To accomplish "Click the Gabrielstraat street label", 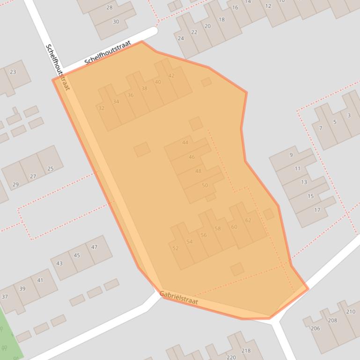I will tap(179, 298).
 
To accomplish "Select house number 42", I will tap(171, 76).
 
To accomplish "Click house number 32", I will tap(102, 108).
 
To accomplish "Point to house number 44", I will tap(185, 143).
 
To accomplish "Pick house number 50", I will tap(205, 186).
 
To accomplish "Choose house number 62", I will tap(248, 220).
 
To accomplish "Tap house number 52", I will tap(176, 248).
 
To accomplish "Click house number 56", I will tap(204, 235).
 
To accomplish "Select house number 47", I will tap(94, 247).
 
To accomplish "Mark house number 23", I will tap(13, 72).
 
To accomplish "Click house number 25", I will tap(51, 169).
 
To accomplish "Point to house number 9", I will tap(291, 155).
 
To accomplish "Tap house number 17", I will tap(317, 210).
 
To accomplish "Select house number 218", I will tap(246, 351).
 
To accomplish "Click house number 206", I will tap(316, 329).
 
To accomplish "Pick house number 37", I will tap(5, 297).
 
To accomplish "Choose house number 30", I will tap(116, 22).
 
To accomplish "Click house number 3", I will tap(349, 115).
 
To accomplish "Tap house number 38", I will tap(144, 89).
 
